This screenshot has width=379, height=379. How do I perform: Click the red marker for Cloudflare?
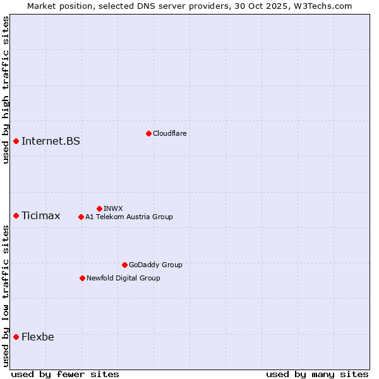(148, 133)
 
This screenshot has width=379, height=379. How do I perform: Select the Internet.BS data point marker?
(16, 141)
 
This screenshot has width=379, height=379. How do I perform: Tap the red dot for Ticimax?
(16, 216)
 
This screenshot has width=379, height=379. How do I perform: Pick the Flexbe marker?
(16, 337)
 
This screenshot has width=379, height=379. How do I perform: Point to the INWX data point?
(99, 208)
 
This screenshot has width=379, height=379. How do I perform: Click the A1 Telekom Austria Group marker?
(81, 217)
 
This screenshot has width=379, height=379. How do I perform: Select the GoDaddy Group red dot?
(124, 265)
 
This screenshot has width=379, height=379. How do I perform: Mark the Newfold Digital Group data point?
(82, 278)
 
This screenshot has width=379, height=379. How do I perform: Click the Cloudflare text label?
(169, 133)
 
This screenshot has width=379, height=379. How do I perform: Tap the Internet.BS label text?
(51, 141)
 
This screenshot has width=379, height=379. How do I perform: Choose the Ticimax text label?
(40, 216)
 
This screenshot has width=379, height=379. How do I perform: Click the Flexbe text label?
(37, 337)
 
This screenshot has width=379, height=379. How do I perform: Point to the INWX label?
(113, 208)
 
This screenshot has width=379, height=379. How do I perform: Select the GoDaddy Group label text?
(155, 265)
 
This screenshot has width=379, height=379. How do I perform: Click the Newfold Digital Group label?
(123, 278)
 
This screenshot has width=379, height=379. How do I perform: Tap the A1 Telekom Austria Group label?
(129, 217)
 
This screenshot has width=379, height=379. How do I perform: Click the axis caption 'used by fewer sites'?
(65, 374)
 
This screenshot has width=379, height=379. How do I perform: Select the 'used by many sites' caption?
(317, 374)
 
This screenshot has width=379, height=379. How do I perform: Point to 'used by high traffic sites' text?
(6, 90)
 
